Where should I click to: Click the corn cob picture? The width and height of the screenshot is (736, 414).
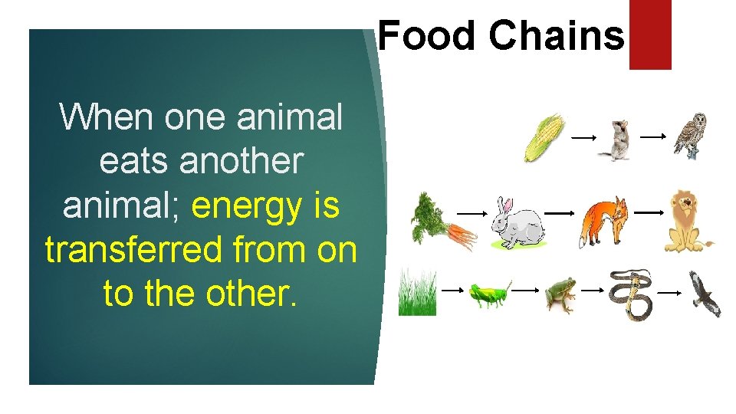tap(544, 137)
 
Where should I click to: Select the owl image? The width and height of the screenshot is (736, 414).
tap(689, 135)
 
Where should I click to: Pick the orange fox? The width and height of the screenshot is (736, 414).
tap(603, 222)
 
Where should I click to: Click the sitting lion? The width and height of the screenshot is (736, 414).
tap(687, 221)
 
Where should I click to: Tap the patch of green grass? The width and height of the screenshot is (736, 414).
tap(417, 292)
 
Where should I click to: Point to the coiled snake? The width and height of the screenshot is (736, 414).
tap(630, 294)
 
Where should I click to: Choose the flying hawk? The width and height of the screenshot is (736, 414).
tap(703, 294)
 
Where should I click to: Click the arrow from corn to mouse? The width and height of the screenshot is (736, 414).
tap(583, 137)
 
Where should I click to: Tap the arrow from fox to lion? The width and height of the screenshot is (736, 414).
tap(649, 211)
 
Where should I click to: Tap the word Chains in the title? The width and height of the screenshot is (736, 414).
tap(557, 35)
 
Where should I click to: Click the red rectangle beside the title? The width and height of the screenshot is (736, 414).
tap(650, 34)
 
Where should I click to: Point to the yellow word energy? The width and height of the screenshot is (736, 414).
tap(247, 205)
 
